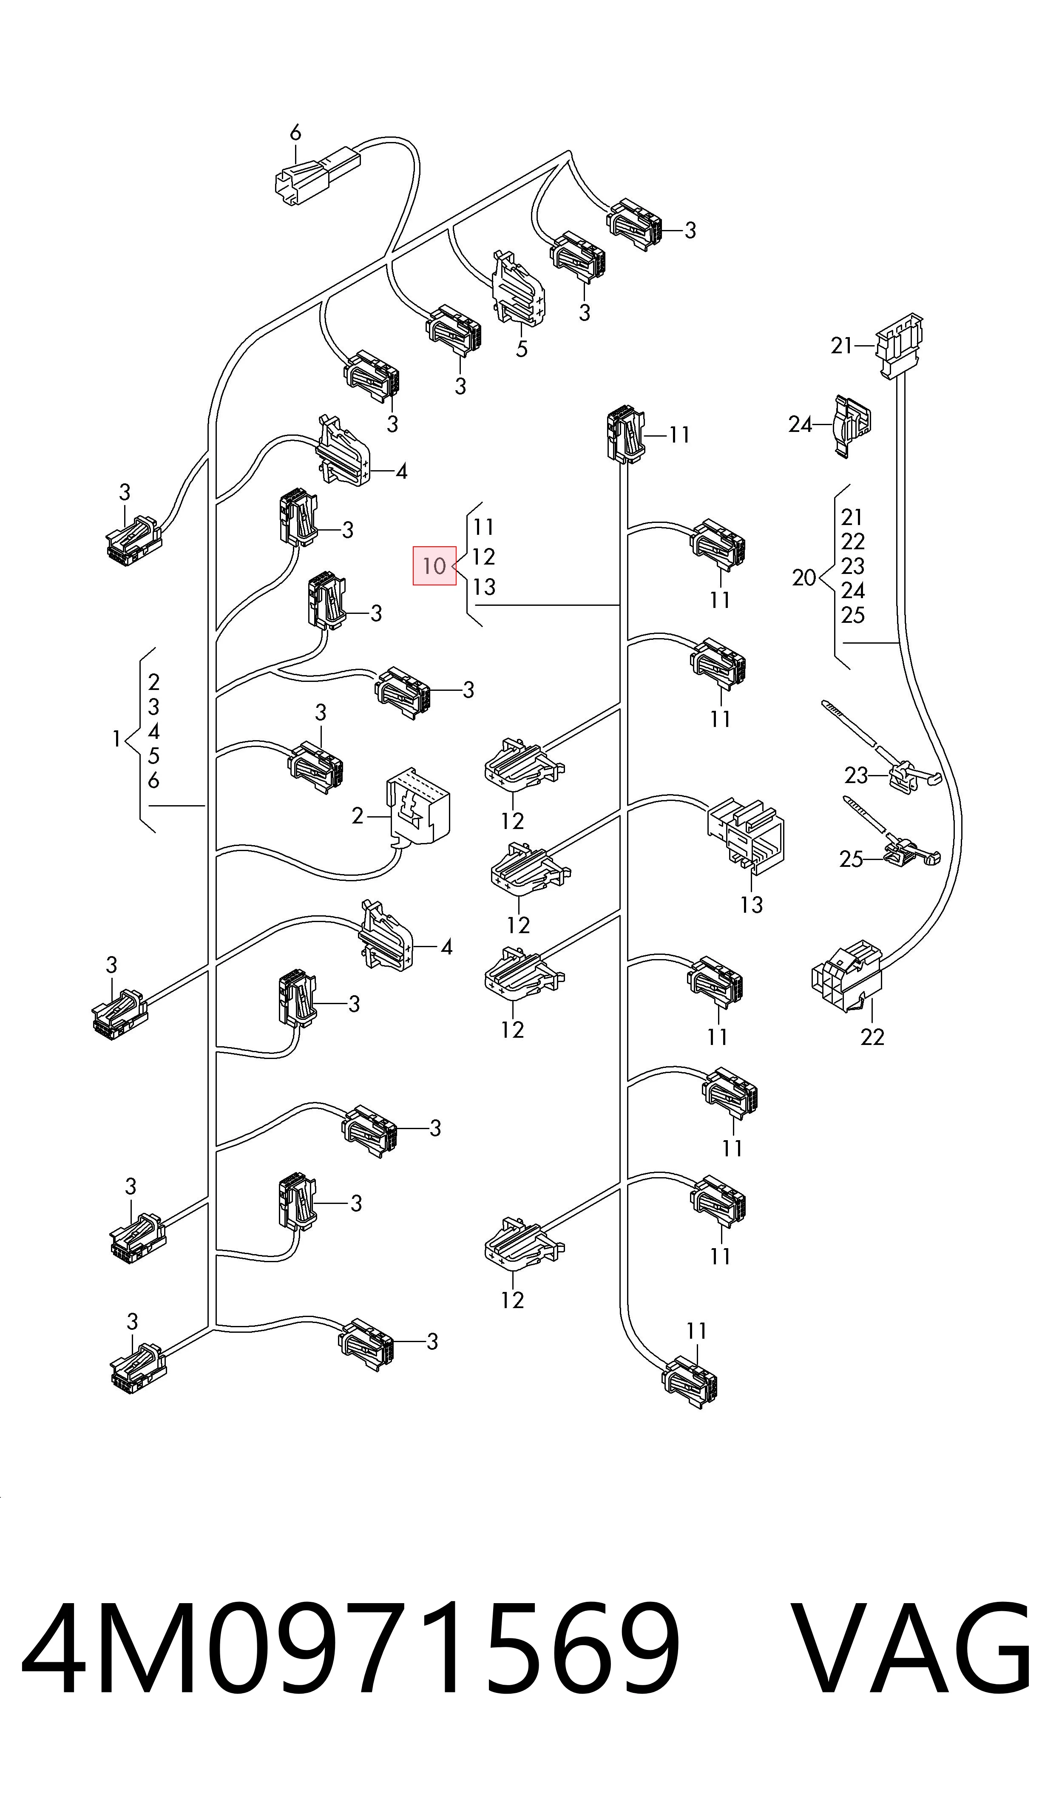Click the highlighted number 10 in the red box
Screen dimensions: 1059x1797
coord(434,566)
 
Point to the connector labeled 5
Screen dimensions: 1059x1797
coord(518,289)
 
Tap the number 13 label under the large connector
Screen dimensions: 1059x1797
coord(752,905)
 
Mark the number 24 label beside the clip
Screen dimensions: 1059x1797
coord(801,425)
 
